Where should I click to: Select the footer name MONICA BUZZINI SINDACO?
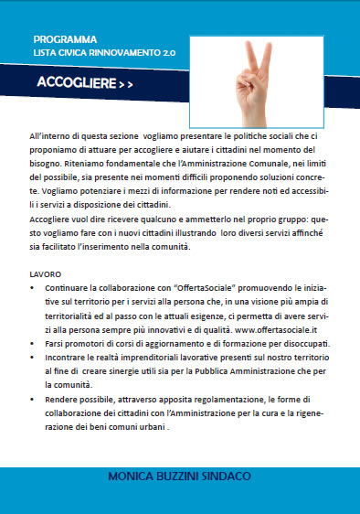[180, 502]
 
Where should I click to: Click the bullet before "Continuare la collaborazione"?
[34, 287]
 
